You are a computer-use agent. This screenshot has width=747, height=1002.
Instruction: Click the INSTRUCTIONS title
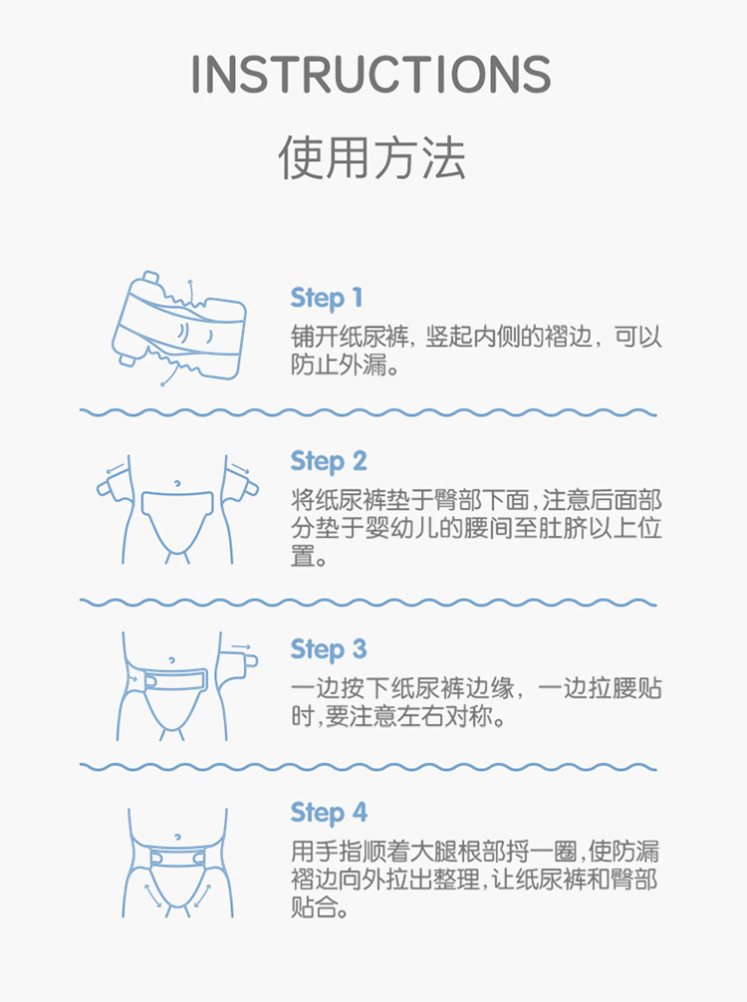tap(371, 75)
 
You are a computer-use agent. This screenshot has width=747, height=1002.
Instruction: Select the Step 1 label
tap(327, 298)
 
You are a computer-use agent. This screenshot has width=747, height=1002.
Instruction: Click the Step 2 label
tap(329, 461)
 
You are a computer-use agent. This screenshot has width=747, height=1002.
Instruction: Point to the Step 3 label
tap(329, 649)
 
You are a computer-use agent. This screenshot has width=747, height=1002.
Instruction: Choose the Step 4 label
tap(329, 813)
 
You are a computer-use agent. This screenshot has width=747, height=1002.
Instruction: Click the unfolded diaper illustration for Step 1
tap(178, 329)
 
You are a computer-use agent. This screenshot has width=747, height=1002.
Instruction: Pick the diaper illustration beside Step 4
tap(178, 863)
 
